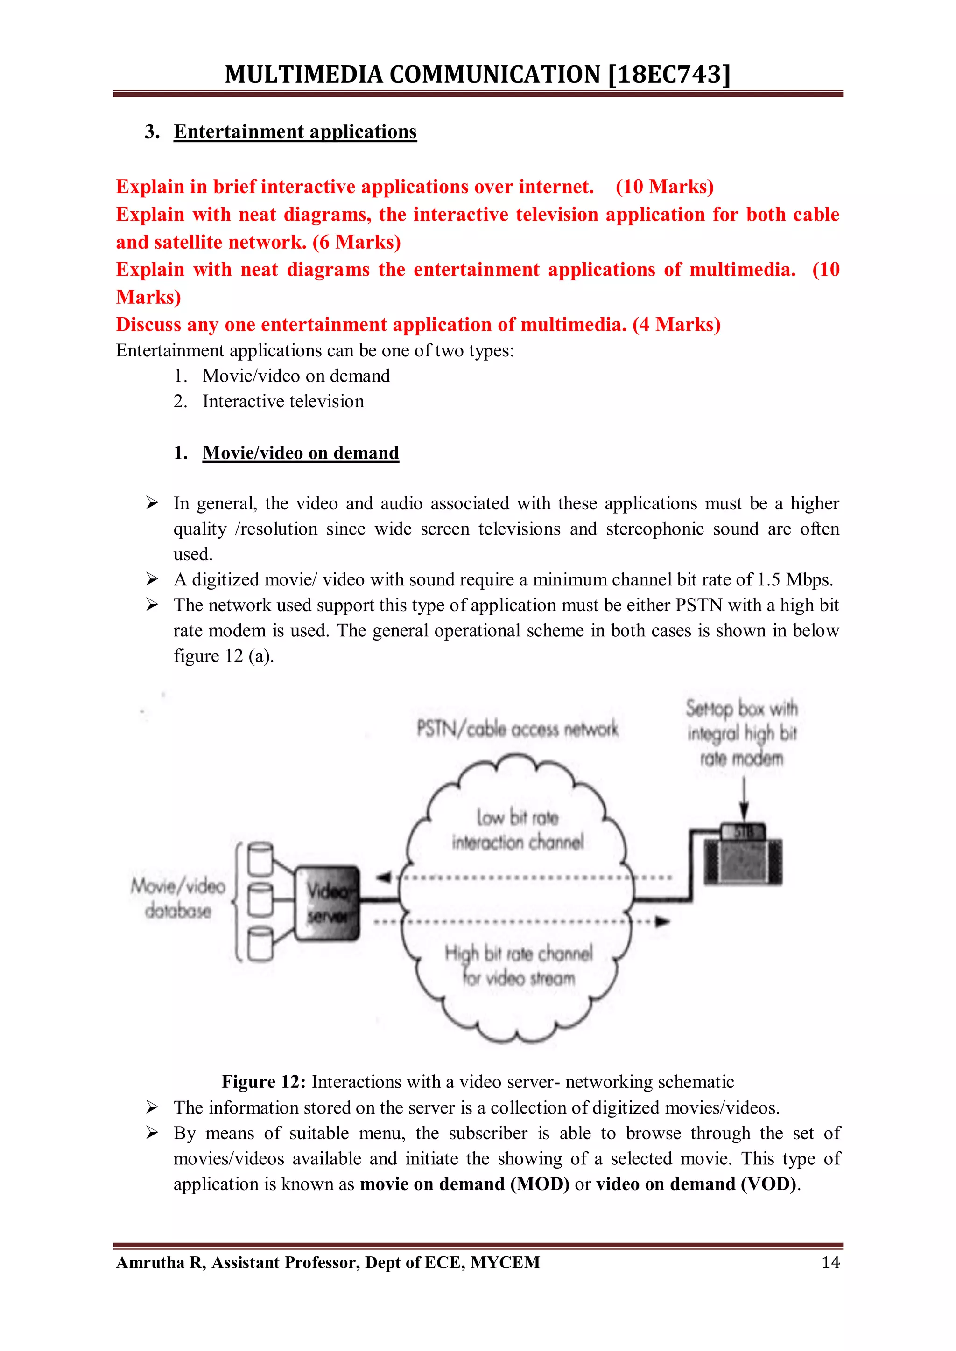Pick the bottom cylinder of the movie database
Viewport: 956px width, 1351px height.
click(260, 943)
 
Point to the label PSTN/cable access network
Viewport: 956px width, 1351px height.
click(517, 730)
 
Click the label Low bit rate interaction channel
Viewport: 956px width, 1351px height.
click(517, 829)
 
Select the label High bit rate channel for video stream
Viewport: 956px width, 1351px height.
click(518, 965)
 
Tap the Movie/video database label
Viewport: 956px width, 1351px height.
click(178, 898)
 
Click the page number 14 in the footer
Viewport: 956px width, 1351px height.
click(830, 1263)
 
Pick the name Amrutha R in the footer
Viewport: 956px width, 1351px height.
click(160, 1263)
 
